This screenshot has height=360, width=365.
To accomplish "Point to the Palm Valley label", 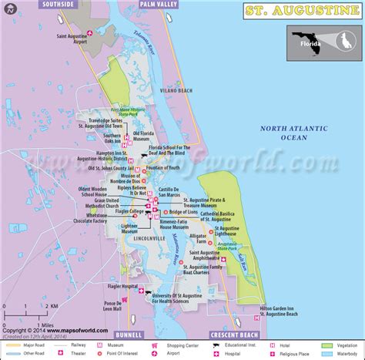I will coord(157,4).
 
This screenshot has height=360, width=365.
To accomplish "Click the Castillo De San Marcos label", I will coord(169,193).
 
